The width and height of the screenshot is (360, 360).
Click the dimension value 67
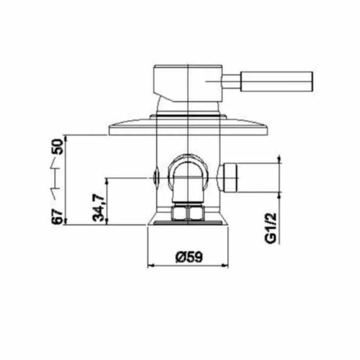(57, 217)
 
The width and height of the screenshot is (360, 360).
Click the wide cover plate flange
(188, 127)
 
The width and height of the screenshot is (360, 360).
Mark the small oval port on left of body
(156, 176)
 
